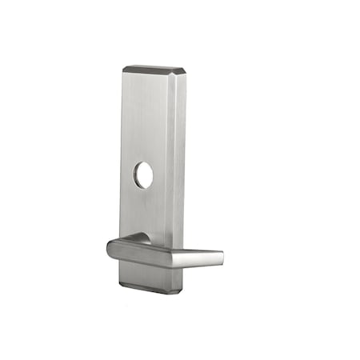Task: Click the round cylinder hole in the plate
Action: click(144, 175)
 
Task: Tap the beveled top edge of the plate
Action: click(154, 70)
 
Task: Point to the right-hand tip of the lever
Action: click(220, 258)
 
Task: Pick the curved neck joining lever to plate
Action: click(140, 238)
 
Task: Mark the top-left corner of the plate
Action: click(124, 69)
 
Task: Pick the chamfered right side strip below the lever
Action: click(178, 278)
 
